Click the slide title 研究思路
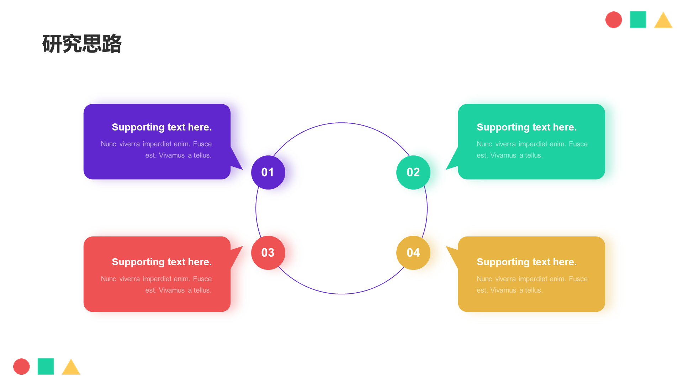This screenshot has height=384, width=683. click(x=82, y=44)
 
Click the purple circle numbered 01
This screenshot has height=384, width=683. click(x=268, y=172)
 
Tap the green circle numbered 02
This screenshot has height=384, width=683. click(x=413, y=172)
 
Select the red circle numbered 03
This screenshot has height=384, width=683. click(x=268, y=253)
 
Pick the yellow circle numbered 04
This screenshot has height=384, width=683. click(x=413, y=253)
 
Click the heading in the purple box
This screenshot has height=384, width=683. click(x=162, y=127)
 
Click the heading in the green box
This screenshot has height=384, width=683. click(x=526, y=127)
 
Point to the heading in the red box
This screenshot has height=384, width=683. click(x=162, y=262)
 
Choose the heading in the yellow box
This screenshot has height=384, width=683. click(x=526, y=262)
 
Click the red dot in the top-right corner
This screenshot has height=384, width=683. click(x=614, y=20)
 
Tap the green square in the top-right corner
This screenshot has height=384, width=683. click(x=638, y=20)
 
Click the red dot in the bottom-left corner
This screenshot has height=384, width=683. click(x=21, y=367)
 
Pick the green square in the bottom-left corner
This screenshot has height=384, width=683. click(x=46, y=367)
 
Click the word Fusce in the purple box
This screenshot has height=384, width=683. click(x=202, y=144)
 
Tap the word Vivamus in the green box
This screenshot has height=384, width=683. click(x=503, y=155)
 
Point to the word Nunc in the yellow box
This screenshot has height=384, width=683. click(x=484, y=279)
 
